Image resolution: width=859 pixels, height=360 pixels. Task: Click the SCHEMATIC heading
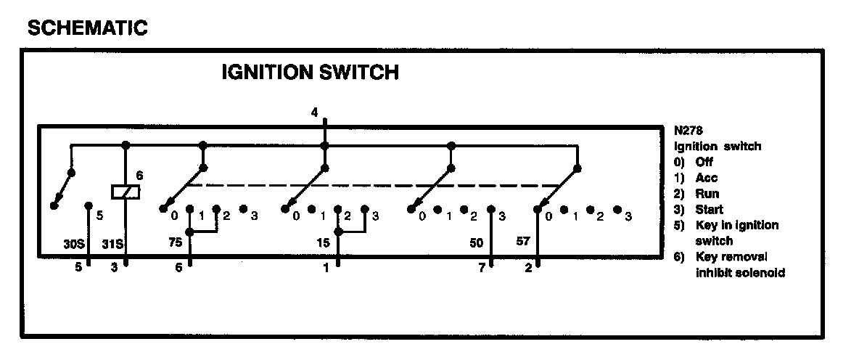click(87, 28)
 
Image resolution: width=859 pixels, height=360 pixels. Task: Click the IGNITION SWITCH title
click(310, 73)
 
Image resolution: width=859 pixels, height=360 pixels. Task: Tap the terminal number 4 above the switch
click(314, 112)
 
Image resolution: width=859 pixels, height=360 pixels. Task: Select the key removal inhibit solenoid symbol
click(126, 192)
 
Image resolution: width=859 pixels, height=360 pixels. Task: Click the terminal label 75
click(175, 244)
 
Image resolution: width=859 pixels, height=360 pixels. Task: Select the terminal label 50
click(477, 244)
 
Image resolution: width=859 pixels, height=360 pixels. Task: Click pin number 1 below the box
click(326, 268)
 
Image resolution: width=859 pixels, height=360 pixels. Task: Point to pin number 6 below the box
click(179, 268)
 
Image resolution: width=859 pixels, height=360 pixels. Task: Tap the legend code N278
click(688, 131)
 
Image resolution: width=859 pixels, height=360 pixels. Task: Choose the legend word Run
click(707, 194)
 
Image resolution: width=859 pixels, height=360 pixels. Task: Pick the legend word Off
click(704, 162)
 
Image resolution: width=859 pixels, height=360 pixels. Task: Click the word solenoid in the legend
click(760, 273)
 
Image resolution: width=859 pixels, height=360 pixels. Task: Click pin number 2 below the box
click(530, 268)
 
